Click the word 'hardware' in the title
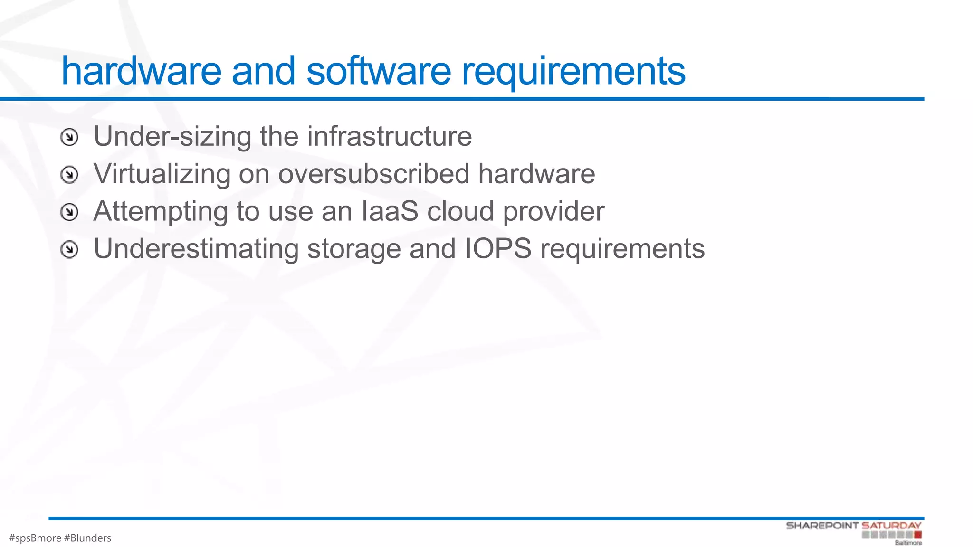(x=141, y=71)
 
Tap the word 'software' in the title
(x=379, y=71)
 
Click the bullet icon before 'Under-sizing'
(x=69, y=138)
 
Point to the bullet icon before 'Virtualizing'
(x=69, y=175)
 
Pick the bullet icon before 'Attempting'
(x=69, y=212)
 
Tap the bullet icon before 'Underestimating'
(x=69, y=249)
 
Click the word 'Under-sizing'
(x=172, y=137)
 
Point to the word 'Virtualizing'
(x=162, y=174)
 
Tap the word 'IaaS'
(x=390, y=211)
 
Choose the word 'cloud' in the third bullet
(x=460, y=211)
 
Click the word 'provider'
(x=553, y=212)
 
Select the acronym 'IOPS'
(x=497, y=249)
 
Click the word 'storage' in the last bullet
(x=354, y=250)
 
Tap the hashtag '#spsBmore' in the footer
(x=35, y=538)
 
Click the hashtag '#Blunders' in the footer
(x=87, y=538)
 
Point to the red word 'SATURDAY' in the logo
(x=891, y=526)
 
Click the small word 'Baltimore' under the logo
(x=908, y=543)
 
